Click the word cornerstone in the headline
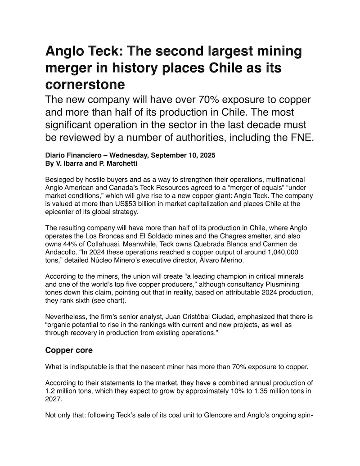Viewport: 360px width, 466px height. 85,84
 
